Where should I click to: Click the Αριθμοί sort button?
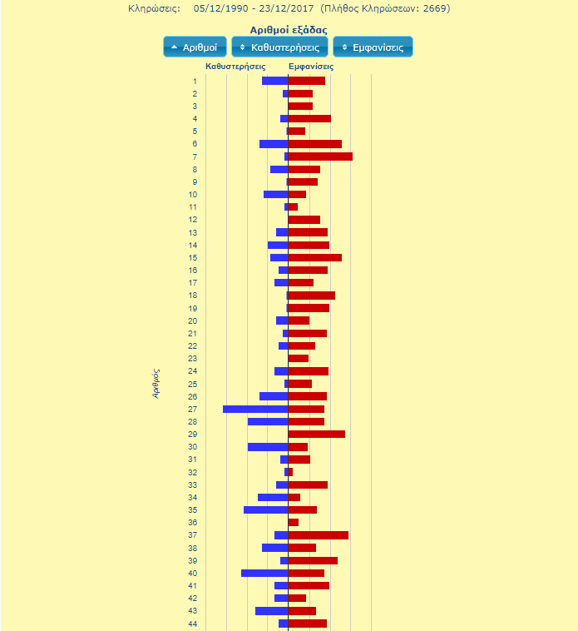point(195,47)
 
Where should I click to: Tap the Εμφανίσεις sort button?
point(373,47)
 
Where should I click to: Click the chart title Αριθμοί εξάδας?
point(289,30)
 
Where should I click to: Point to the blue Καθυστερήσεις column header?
point(235,66)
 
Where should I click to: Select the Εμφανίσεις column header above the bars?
point(311,66)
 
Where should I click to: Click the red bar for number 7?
point(320,157)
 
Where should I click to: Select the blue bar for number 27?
point(255,409)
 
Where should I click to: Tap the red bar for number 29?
point(317,434)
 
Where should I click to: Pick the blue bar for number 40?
point(264,573)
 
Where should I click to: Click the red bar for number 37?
point(319,534)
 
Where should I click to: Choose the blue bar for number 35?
point(266,509)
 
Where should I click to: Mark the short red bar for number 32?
point(291,472)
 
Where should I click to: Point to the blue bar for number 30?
point(268,447)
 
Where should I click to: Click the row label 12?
point(193,220)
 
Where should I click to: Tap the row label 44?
point(193,624)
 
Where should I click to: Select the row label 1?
point(195,81)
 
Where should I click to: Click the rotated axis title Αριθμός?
point(156,384)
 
